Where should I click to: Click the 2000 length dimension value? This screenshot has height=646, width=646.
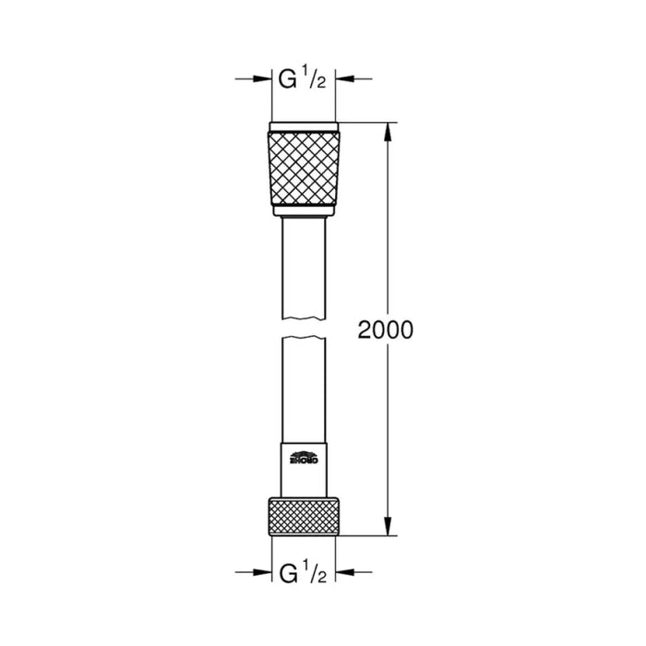(x=386, y=329)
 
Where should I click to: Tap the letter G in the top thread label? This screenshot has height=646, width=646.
(x=287, y=80)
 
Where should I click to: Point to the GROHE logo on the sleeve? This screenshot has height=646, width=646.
(x=303, y=456)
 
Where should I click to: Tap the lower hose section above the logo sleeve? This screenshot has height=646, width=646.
(x=303, y=388)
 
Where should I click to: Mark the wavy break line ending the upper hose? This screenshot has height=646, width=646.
(x=303, y=319)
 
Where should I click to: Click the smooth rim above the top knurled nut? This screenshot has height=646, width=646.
(x=303, y=126)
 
